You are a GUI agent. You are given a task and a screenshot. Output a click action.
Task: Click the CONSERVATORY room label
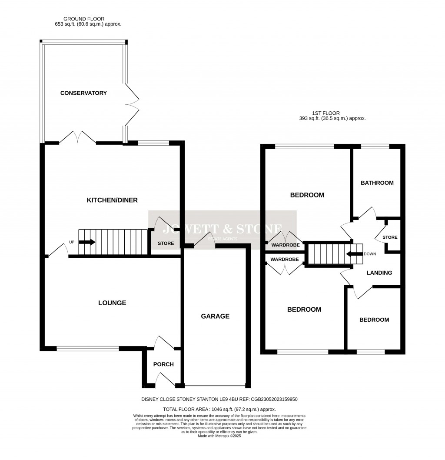pyautogui.click(x=83, y=93)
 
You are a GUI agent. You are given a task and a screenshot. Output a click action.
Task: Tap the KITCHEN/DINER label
pyautogui.click(x=112, y=200)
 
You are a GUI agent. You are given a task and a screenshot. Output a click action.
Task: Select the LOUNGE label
pyautogui.click(x=112, y=303)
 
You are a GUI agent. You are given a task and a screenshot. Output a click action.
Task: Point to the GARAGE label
pyautogui.click(x=215, y=316)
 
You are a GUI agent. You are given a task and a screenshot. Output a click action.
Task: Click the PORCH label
pyautogui.click(x=163, y=364)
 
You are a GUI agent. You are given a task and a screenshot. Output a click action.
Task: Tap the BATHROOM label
pyautogui.click(x=377, y=183)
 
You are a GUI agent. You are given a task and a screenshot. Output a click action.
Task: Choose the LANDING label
pyautogui.click(x=379, y=273)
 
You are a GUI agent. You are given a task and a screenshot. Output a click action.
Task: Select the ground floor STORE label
pyautogui.click(x=165, y=243)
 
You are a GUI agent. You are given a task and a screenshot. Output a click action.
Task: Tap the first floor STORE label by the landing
pyautogui.click(x=389, y=237)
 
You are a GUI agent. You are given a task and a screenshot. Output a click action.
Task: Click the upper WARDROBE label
pyautogui.click(x=285, y=245)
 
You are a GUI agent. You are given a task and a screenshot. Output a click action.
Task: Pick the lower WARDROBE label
pyautogui.click(x=284, y=260)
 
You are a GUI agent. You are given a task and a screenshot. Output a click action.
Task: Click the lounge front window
pyautogui.click(x=87, y=348)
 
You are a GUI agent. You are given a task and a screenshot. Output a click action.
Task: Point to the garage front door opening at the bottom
pyautogui.click(x=215, y=385)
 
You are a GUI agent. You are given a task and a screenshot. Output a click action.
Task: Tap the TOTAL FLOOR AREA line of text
pyautogui.click(x=219, y=409)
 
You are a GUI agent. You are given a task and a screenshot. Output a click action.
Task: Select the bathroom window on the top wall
pyautogui.click(x=375, y=147)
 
